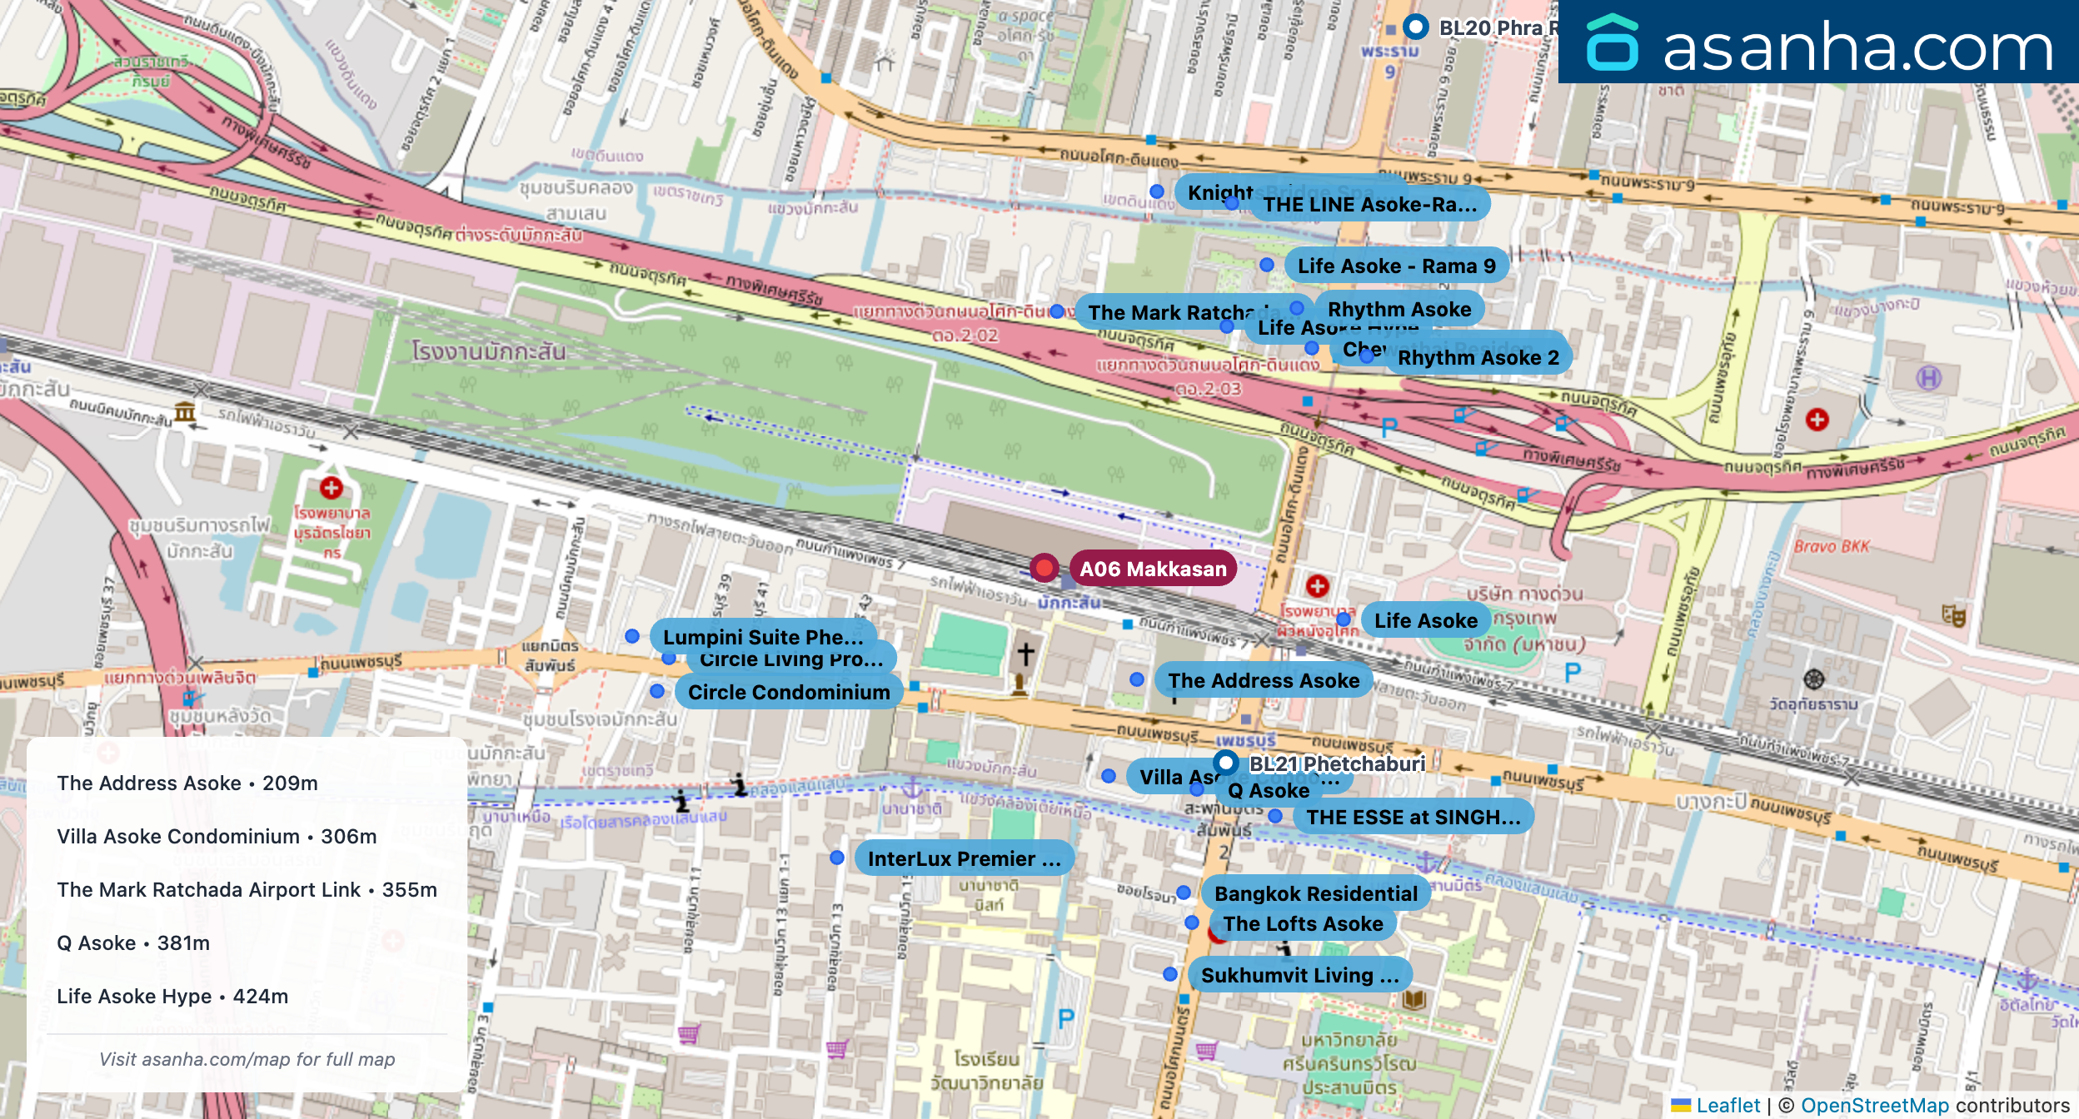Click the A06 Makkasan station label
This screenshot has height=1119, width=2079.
pos(1153,569)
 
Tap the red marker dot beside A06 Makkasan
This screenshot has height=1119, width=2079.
pos(1044,568)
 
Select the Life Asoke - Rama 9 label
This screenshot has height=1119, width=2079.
pos(1396,266)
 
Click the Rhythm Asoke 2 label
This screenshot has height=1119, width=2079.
pos(1478,357)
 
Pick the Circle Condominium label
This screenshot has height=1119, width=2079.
pos(788,692)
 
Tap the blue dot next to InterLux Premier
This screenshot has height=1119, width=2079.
pos(837,858)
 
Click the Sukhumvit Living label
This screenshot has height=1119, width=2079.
pos(1299,975)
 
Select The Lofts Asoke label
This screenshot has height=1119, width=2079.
pos(1303,923)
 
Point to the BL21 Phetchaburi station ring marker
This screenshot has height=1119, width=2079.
pos(1225,762)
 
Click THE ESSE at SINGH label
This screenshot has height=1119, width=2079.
pos(1413,817)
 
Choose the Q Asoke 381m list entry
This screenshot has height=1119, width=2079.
pos(133,942)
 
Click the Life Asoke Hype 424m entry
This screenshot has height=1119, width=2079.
pos(172,996)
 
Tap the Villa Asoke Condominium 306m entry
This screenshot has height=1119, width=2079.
pos(217,836)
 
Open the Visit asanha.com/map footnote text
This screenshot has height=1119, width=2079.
pos(247,1059)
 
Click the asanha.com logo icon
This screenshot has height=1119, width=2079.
pos(1612,43)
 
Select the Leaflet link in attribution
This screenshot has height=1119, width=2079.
pos(1728,1105)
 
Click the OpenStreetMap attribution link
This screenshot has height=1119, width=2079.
pos(1874,1105)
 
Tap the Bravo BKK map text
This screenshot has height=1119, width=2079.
pos(1832,546)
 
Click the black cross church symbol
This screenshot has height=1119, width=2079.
pos(1025,654)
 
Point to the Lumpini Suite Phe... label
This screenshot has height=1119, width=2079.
pos(762,637)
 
